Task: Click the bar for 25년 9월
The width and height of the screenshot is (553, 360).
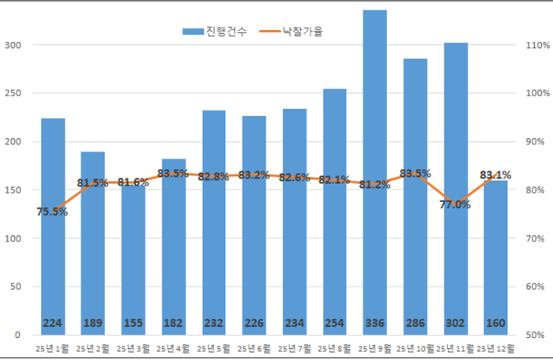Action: point(374,158)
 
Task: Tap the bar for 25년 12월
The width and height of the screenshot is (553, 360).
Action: point(495,261)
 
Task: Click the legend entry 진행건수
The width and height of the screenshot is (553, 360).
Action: point(215,32)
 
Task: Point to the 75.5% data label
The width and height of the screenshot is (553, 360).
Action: point(52,212)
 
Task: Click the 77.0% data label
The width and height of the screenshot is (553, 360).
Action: point(455,204)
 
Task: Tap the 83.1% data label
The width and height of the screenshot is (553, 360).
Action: point(495,175)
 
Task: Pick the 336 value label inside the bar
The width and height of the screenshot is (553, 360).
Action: point(374,323)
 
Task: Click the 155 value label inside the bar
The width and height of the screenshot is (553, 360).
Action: point(133,323)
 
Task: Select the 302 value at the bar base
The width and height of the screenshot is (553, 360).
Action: point(455,323)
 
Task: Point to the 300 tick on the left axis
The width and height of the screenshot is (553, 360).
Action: point(13,45)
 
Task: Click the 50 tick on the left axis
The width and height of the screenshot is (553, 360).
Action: point(15,287)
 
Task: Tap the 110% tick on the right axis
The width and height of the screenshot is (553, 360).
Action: point(537,45)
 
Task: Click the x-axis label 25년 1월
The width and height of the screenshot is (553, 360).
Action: point(51,347)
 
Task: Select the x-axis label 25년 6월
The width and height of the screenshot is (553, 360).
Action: point(254,347)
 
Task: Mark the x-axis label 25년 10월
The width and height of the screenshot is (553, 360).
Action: point(416,347)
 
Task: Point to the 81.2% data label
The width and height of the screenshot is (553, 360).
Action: point(374,185)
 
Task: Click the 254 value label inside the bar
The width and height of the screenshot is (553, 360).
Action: point(334,323)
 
